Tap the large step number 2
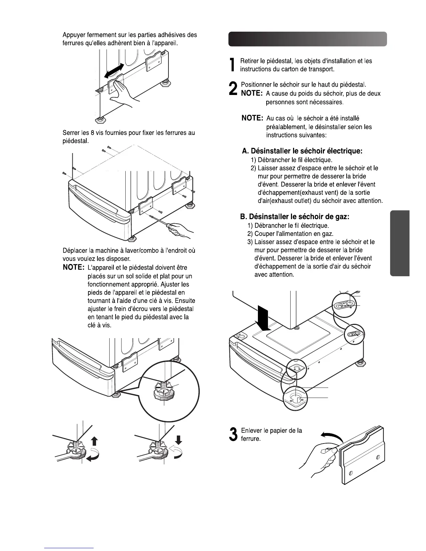(x=234, y=89)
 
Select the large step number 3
(x=233, y=434)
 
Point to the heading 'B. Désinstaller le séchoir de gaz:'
(x=294, y=217)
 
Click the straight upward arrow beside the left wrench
(x=94, y=441)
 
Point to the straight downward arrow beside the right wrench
(x=179, y=440)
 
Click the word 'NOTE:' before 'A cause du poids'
(x=252, y=94)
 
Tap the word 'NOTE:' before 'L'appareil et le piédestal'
(x=74, y=268)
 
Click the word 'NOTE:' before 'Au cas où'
(x=252, y=118)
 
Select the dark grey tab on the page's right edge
(x=400, y=243)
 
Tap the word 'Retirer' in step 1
(x=250, y=61)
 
